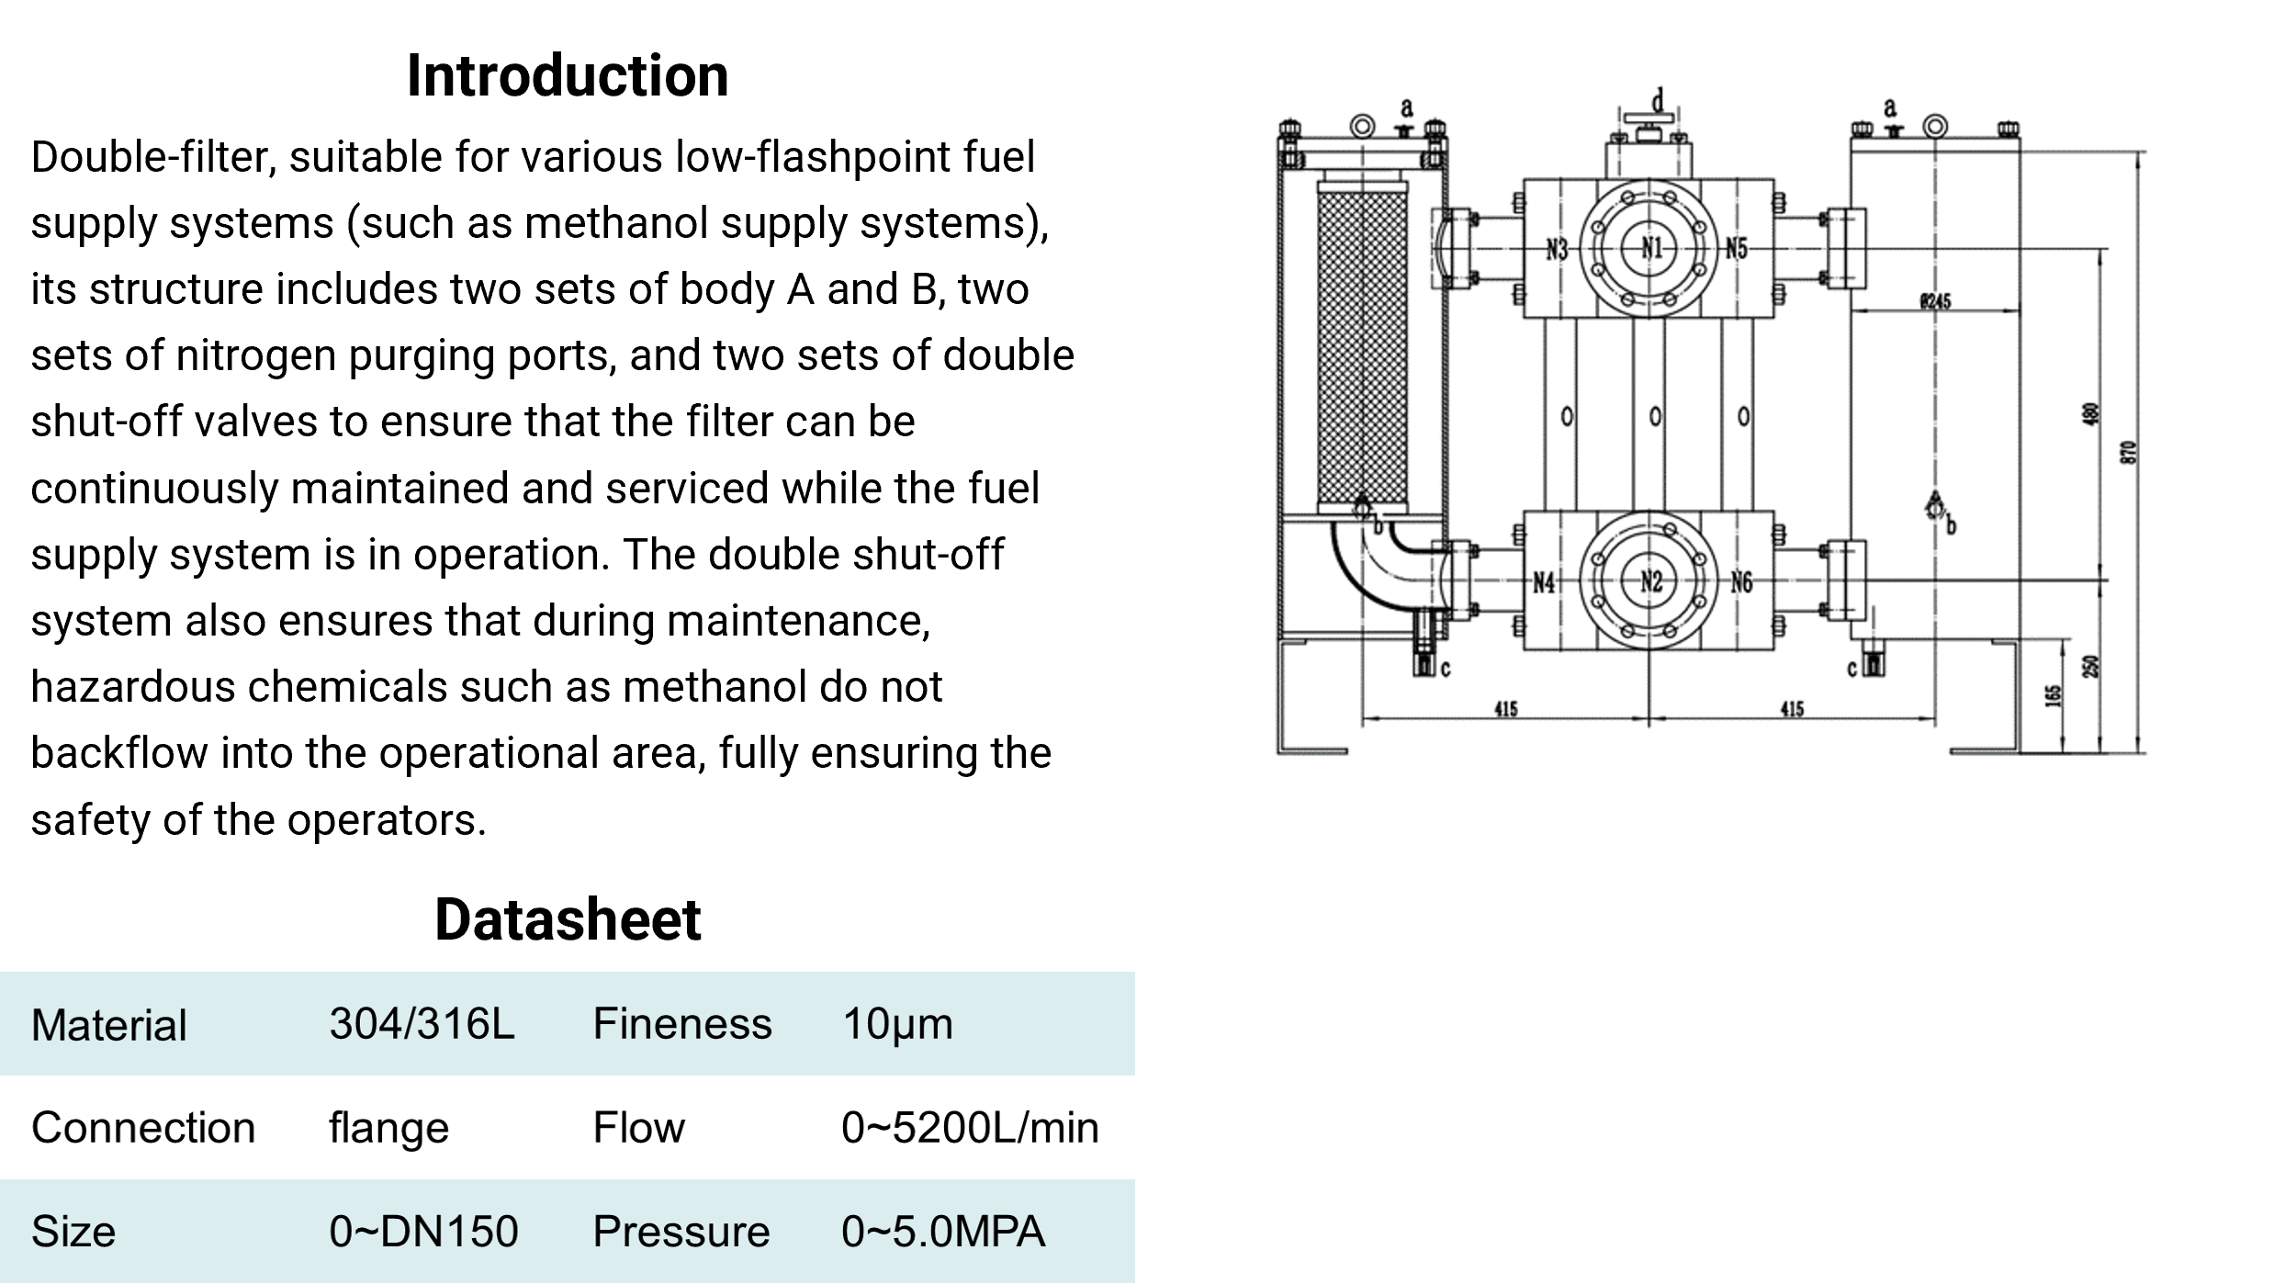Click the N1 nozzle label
pyautogui.click(x=1652, y=247)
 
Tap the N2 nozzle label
pyautogui.click(x=1651, y=580)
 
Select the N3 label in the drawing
pyautogui.click(x=1557, y=249)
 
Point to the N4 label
pyautogui.click(x=1544, y=582)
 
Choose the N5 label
pyautogui.click(x=1736, y=248)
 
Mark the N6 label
pyautogui.click(x=1741, y=581)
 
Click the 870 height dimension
pyautogui.click(x=2130, y=453)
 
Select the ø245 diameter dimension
pyautogui.click(x=1935, y=300)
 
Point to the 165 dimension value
pyautogui.click(x=2054, y=695)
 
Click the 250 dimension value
pyautogui.click(x=2091, y=666)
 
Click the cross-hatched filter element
pyautogui.click(x=1362, y=344)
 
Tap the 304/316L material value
pyautogui.click(x=422, y=1023)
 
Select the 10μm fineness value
pyautogui.click(x=897, y=1023)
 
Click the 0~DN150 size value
pyautogui.click(x=423, y=1232)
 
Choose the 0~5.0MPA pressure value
pyautogui.click(x=943, y=1232)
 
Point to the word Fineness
pyautogui.click(x=681, y=1023)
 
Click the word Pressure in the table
pyautogui.click(x=681, y=1232)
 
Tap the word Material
pyautogui.click(x=108, y=1025)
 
